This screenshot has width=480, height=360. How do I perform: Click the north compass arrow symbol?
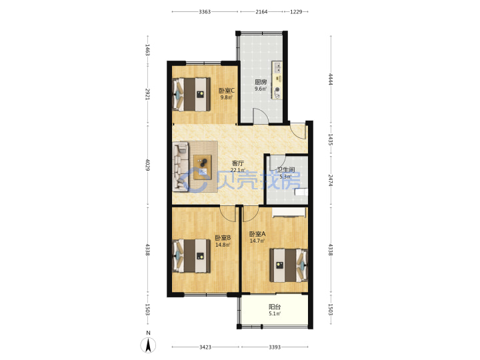click(x=148, y=345)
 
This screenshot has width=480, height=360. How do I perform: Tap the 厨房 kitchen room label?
click(x=261, y=82)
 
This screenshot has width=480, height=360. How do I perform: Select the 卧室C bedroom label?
click(x=227, y=91)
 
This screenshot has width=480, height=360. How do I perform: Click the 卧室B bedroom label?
click(x=223, y=238)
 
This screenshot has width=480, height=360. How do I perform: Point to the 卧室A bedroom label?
click(x=257, y=234)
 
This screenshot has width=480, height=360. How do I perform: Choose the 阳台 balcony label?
click(x=275, y=307)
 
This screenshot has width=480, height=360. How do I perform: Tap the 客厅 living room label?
click(x=237, y=163)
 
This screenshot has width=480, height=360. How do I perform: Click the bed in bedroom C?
click(x=191, y=94)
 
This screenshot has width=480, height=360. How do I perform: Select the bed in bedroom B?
click(x=191, y=256)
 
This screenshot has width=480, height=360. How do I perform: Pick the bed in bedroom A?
click(x=289, y=265)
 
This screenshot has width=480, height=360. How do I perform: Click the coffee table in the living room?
click(x=203, y=167)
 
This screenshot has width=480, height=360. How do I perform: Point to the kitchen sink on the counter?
click(x=277, y=67)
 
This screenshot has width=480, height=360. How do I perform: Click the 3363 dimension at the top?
click(x=205, y=12)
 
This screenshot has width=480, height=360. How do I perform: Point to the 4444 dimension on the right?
click(x=331, y=79)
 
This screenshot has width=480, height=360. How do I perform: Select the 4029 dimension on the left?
click(x=147, y=165)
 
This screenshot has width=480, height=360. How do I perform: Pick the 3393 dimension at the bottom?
click(x=275, y=347)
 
